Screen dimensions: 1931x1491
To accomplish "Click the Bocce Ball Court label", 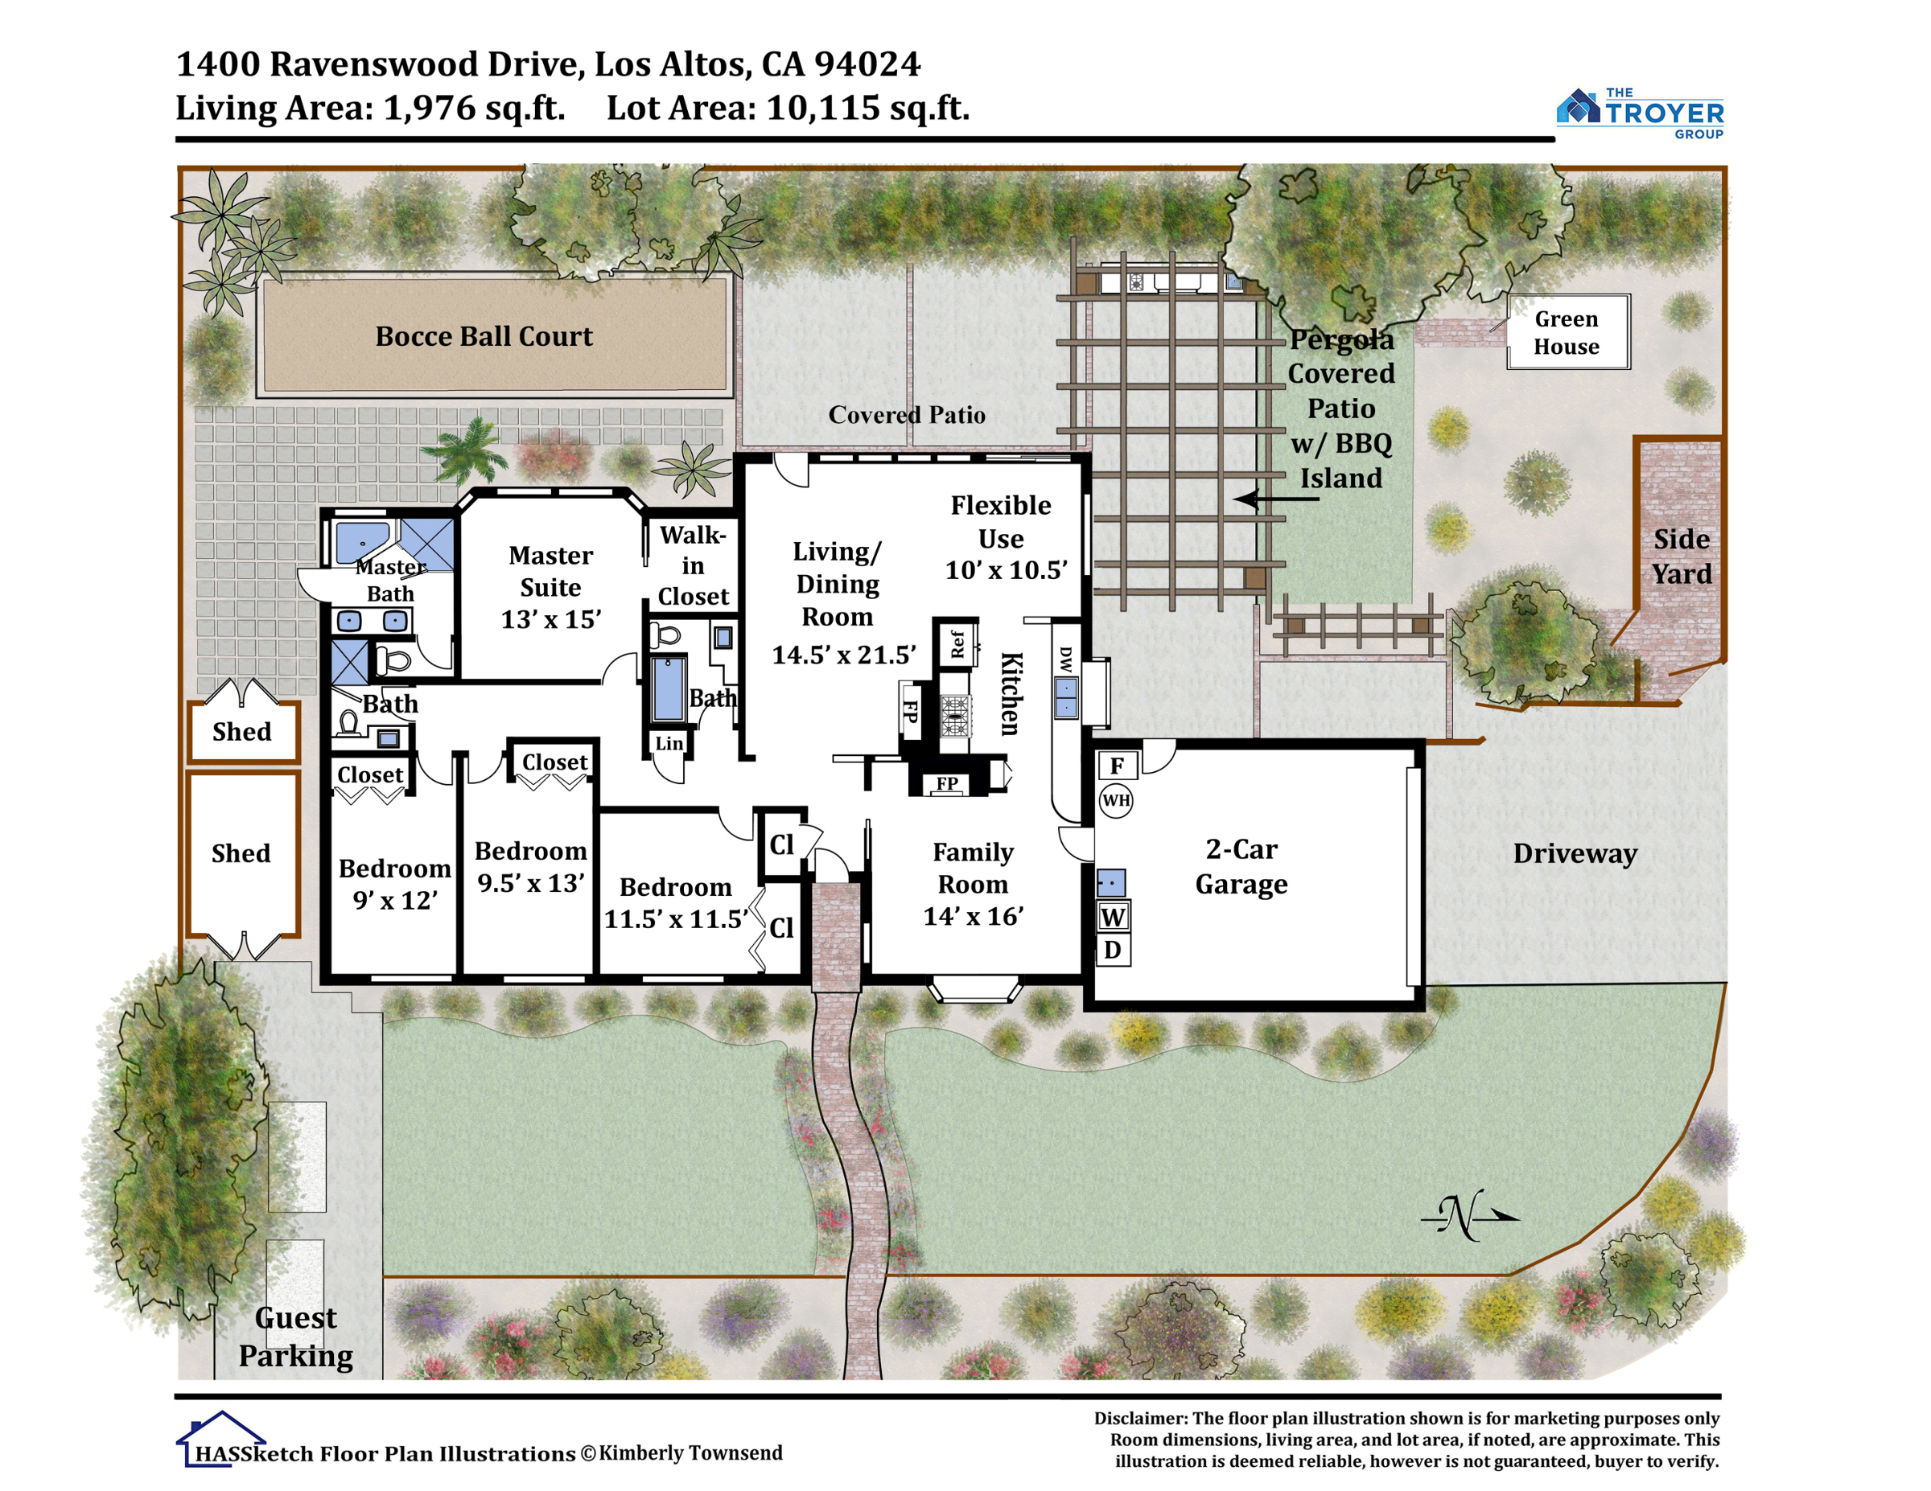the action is [x=484, y=337].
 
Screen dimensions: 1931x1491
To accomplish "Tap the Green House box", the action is [x=1567, y=331].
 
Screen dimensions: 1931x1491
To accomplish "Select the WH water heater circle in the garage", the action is [x=1116, y=801].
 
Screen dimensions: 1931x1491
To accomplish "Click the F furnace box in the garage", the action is [x=1118, y=766].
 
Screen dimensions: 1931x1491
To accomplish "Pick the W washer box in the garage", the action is [x=1114, y=918].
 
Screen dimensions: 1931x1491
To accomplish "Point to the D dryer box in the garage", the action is [x=1114, y=950].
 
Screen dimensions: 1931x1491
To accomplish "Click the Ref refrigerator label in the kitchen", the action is [x=957, y=643].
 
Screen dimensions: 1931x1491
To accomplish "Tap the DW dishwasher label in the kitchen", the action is [x=1065, y=659].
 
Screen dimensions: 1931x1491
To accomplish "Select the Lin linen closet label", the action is [x=669, y=743].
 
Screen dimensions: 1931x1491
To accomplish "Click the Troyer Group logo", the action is [x=1639, y=114].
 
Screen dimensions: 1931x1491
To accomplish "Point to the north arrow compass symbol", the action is [x=1468, y=1217].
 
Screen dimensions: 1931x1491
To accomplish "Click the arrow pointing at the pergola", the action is [x=1276, y=499].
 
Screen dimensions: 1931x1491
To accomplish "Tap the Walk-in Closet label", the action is [x=694, y=565].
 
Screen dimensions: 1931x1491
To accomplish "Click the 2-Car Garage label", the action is [x=1241, y=866].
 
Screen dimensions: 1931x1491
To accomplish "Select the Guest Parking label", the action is [x=296, y=1337].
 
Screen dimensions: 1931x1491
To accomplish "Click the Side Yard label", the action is [x=1682, y=557].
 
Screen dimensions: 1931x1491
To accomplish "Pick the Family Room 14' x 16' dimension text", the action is [x=974, y=917].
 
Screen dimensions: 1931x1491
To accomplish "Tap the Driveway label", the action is [x=1575, y=854].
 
